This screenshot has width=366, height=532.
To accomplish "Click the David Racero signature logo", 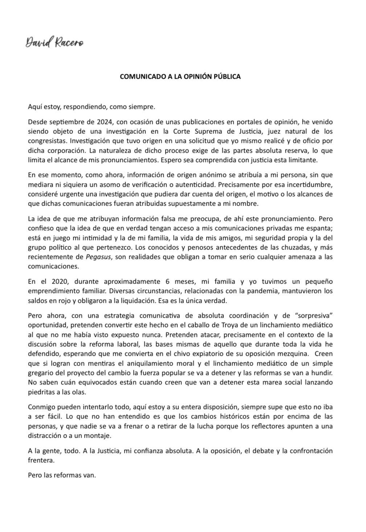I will (54, 42).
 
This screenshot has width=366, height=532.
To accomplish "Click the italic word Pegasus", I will (98, 257).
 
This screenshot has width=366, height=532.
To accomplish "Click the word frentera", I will (41, 460).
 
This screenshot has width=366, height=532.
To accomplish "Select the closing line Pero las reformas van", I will (62, 475).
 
